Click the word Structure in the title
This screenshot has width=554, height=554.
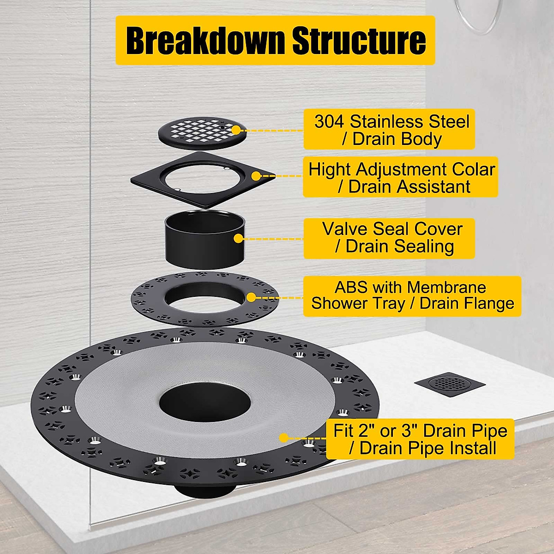pos(359,41)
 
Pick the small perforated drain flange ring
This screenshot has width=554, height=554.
pos(152,300)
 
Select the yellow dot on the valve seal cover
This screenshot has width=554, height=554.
pos(238,239)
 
